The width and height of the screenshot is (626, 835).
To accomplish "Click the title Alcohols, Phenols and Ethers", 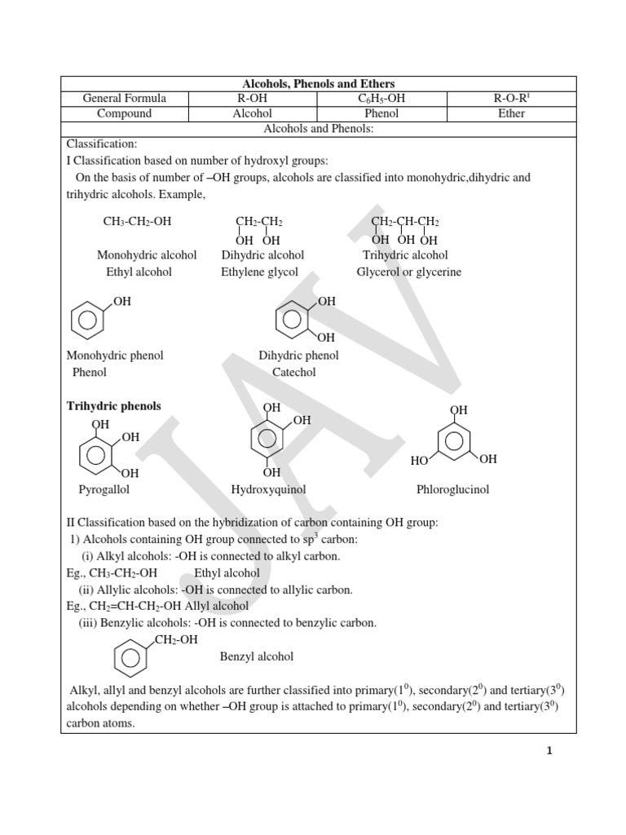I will [x=319, y=84].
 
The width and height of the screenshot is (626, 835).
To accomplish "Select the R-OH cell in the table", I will [x=253, y=99].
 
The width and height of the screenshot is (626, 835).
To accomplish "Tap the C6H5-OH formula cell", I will [x=381, y=99].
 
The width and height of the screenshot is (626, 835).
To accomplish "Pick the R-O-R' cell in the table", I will [x=511, y=99].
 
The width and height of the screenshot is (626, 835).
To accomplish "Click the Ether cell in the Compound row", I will [x=511, y=113].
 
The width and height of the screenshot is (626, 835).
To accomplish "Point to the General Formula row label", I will [x=125, y=99].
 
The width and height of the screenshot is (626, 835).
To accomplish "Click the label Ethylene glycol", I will [x=259, y=272].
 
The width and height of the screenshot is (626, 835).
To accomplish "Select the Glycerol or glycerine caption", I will [x=408, y=272].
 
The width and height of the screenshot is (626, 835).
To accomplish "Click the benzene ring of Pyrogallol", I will [x=95, y=455].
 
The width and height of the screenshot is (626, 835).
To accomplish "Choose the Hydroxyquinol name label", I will [x=268, y=489].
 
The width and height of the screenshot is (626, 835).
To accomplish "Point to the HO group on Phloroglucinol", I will [x=420, y=461].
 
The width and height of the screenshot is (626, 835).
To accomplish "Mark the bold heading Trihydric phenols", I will [x=113, y=406].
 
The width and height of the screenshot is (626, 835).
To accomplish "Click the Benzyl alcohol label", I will [x=257, y=656].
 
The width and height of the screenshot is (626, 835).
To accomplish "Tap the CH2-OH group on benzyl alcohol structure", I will [x=175, y=640].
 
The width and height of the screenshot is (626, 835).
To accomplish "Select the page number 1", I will [x=549, y=751].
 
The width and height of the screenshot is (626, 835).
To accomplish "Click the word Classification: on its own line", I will [x=102, y=144].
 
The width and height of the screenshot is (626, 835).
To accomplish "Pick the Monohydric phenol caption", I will [x=115, y=356].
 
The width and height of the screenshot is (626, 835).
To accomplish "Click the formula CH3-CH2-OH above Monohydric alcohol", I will [x=137, y=221].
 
